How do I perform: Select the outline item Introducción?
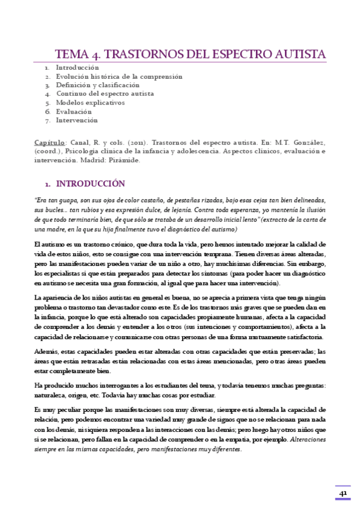pyautogui.click(x=77, y=68)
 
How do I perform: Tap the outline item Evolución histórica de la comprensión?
pyautogui.click(x=119, y=76)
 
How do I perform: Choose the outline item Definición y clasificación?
pyautogui.click(x=97, y=85)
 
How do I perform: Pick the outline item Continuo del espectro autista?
pyautogui.click(x=105, y=94)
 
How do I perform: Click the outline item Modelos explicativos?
pyautogui.click(x=90, y=103)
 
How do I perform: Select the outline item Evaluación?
pyautogui.click(x=74, y=111)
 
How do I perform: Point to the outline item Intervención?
pyautogui.click(x=76, y=120)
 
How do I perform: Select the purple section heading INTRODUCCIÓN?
pyautogui.click(x=90, y=184)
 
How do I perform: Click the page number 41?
pyautogui.click(x=343, y=494)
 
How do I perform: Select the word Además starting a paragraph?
pyautogui.click(x=47, y=352)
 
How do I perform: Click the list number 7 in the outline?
pyautogui.click(x=47, y=120)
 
